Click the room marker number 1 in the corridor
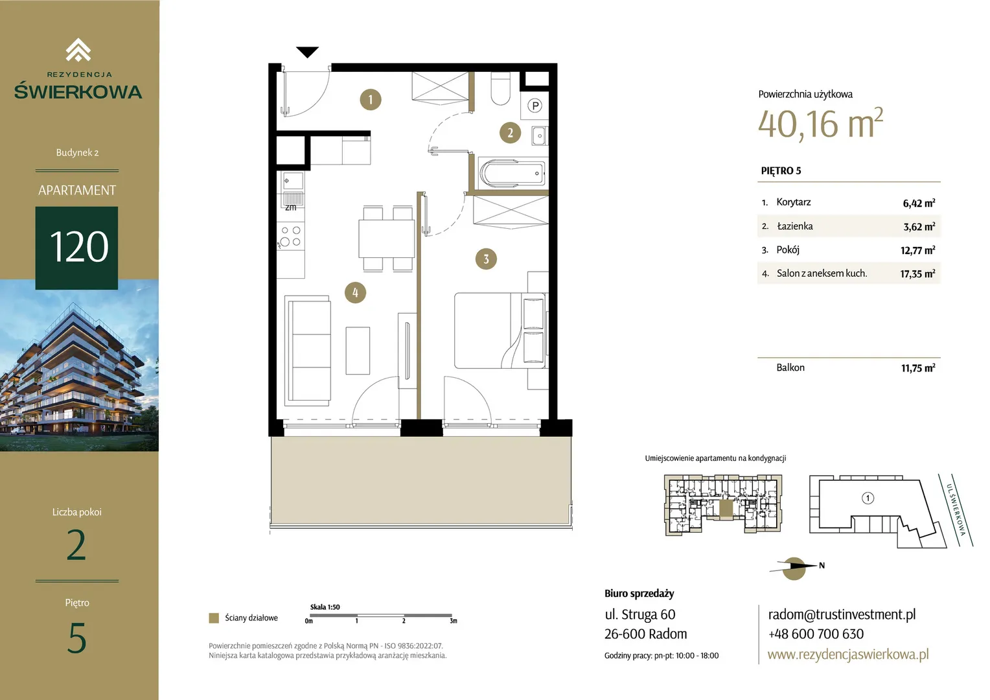pos(371,100)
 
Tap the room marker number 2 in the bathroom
pos(510,133)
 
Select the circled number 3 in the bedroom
pos(486,259)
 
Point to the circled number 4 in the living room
pos(355,292)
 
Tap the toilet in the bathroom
pos(500,88)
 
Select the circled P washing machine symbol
pos(535,106)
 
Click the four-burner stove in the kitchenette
pos(290,236)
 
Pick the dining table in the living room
pos(386,239)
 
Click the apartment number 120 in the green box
pos(78,247)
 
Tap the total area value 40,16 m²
pos(820,123)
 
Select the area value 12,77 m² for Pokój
pos(917,250)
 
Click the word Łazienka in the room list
pos(794,226)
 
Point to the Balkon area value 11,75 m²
pos(918,368)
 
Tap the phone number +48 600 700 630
pos(816,634)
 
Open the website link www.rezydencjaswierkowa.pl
pos(848,655)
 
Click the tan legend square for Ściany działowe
pos(214,618)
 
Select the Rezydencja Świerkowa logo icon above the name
pos(78,49)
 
